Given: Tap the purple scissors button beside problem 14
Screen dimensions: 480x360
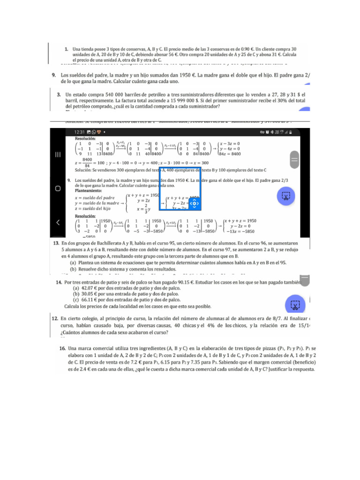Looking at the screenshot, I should pyautogui.click(x=294, y=306).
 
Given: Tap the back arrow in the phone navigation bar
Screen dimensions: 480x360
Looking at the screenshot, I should pyautogui.click(x=57, y=222).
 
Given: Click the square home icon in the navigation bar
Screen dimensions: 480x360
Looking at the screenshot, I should pyautogui.click(x=57, y=188).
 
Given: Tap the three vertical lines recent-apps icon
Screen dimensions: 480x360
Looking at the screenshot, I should pyautogui.click(x=57, y=155).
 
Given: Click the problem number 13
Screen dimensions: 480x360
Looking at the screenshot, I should pyautogui.click(x=56, y=244).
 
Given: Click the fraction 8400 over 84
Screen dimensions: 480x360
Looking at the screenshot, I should pyautogui.click(x=86, y=162).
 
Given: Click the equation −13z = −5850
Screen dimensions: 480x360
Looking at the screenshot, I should pyautogui.click(x=240, y=231).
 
